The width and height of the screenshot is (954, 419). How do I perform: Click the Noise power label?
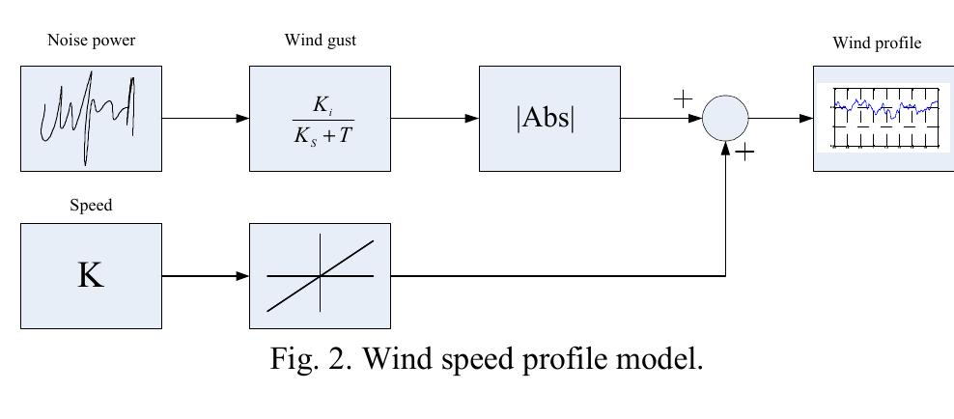pos(92,41)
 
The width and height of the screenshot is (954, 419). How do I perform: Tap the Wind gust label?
pos(320,41)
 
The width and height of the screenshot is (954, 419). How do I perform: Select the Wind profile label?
pos(877,43)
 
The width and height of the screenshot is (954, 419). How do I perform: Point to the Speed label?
pos(91,206)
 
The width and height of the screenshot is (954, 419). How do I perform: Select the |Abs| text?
pos(546,119)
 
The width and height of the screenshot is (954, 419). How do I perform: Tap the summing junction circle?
pos(725,119)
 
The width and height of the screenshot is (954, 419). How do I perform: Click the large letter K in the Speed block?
pos(91,275)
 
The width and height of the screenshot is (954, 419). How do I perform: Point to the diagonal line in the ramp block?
pos(320,276)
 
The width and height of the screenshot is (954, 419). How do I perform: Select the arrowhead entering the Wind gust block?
pos(242,119)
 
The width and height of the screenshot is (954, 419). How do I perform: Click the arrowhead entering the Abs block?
pos(472,119)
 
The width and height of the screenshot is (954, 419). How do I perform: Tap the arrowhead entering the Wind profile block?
pos(806,119)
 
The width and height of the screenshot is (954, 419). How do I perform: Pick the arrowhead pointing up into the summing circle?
pos(725,149)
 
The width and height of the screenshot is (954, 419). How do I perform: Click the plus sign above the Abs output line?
pos(684,98)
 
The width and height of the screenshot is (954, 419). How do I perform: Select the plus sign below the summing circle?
pos(744,152)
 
